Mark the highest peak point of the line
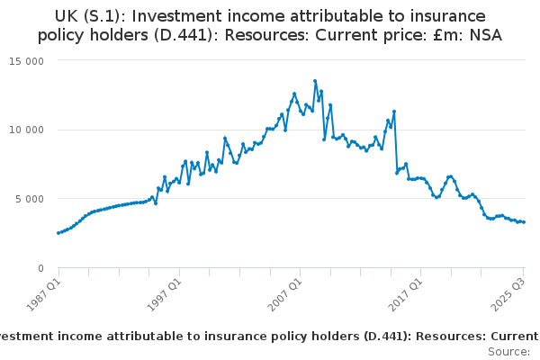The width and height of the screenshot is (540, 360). [315, 81]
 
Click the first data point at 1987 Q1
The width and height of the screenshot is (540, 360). [58, 233]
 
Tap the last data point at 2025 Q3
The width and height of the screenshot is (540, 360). [524, 221]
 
